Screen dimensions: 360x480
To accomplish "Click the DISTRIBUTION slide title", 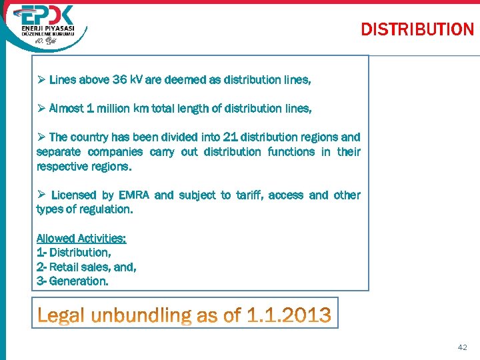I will [417, 29].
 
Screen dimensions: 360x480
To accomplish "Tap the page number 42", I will [463, 347].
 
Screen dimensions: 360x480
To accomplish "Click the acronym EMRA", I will [134, 195].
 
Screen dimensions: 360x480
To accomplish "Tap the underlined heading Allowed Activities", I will [81, 238].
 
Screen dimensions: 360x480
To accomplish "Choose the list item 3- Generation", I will [72, 281].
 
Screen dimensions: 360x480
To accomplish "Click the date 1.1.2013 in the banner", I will [289, 314].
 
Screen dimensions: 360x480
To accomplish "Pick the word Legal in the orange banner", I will [61, 314].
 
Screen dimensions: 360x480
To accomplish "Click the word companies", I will [119, 152].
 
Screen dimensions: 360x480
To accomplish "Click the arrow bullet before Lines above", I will [41, 80].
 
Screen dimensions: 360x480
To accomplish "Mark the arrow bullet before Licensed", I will [41, 195].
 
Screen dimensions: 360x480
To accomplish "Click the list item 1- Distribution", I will [74, 253].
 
